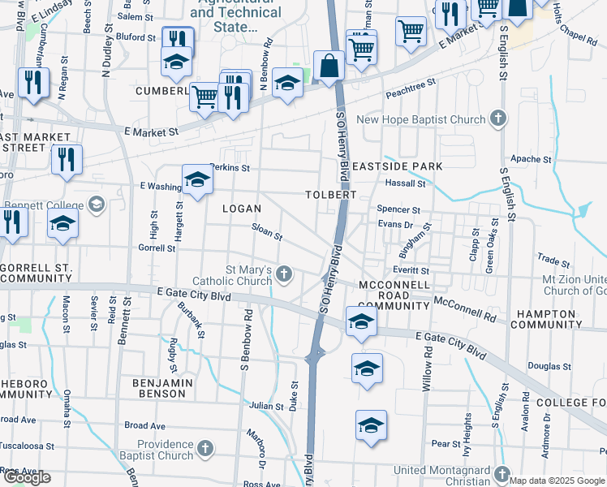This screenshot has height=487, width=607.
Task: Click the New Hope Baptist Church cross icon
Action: [x=499, y=119]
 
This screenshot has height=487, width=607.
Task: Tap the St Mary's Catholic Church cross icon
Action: [x=284, y=274]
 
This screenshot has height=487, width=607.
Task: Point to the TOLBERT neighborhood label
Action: [x=330, y=195]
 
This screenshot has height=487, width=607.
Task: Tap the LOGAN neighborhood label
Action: [x=242, y=209]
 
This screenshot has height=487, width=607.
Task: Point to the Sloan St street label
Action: [x=267, y=233]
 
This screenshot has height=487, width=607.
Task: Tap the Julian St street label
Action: [x=265, y=405]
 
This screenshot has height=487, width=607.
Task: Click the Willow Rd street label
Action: [x=426, y=373]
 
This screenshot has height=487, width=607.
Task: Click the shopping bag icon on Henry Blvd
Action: [x=329, y=67]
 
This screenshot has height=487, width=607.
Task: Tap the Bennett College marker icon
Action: [x=97, y=204]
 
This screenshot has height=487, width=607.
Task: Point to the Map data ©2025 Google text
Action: [x=557, y=481]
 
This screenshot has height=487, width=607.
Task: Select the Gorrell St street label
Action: [x=157, y=248]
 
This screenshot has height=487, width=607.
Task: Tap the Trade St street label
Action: [x=554, y=261]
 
